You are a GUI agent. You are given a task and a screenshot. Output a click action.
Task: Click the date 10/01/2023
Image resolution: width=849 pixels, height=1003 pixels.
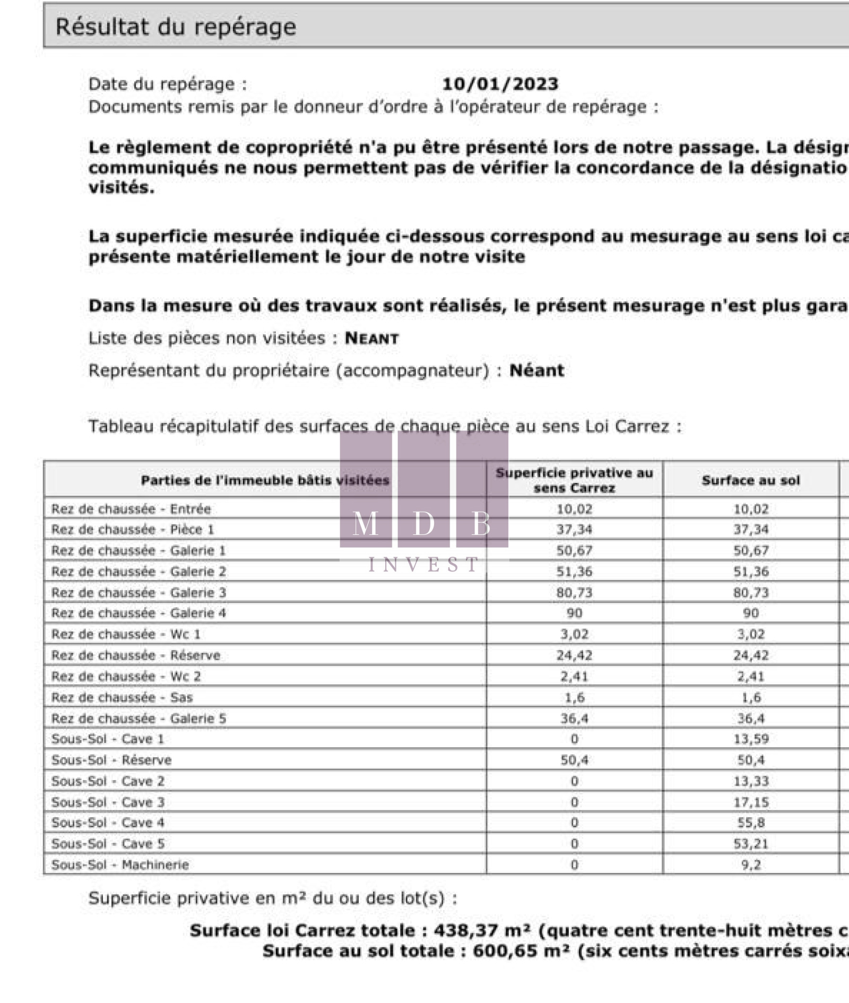point(500,84)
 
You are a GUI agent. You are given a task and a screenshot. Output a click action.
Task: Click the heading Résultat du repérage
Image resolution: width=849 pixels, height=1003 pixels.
point(176,27)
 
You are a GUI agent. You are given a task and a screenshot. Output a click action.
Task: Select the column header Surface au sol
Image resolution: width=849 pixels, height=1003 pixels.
point(750,480)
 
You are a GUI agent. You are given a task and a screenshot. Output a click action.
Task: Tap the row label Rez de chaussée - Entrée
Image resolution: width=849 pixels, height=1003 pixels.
point(131,509)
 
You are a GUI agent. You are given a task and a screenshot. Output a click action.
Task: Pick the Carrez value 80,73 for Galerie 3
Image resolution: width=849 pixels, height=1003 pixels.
point(574,592)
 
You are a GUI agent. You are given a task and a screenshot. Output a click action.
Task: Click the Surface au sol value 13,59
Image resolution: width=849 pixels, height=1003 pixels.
point(751,739)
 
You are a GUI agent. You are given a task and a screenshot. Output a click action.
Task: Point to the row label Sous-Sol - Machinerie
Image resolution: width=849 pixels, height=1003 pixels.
point(120,864)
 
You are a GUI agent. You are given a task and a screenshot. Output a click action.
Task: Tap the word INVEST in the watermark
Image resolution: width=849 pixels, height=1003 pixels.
point(424,564)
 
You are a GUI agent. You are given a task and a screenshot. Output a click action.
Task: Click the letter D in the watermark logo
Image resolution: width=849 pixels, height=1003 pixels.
point(423,524)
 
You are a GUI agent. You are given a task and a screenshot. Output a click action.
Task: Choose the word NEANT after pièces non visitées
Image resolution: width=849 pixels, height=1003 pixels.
point(371,338)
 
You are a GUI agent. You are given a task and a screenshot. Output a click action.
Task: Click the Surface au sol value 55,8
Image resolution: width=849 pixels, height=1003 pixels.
point(751,823)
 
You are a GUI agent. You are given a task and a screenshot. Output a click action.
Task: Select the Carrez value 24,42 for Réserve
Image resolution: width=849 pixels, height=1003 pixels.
point(574,655)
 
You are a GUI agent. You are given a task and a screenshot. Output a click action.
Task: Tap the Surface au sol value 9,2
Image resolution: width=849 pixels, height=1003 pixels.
point(751,864)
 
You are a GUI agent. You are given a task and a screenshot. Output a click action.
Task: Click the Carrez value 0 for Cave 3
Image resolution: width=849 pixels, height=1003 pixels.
point(574,802)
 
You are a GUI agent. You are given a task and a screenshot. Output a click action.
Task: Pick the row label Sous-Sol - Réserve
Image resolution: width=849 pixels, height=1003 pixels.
point(111,760)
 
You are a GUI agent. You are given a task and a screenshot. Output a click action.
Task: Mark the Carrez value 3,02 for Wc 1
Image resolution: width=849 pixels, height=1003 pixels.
point(574,634)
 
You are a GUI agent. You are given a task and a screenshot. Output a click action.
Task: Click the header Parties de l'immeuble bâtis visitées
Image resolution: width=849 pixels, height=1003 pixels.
point(265,480)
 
